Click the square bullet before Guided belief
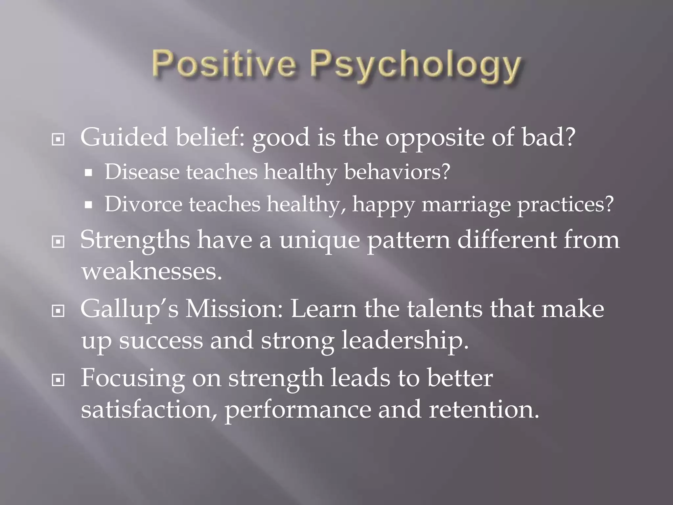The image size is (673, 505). (x=58, y=140)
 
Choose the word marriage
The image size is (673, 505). (x=466, y=204)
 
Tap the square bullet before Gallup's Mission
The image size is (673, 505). (x=58, y=311)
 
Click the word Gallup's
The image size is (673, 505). (x=129, y=310)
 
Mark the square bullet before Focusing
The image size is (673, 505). (x=58, y=380)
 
